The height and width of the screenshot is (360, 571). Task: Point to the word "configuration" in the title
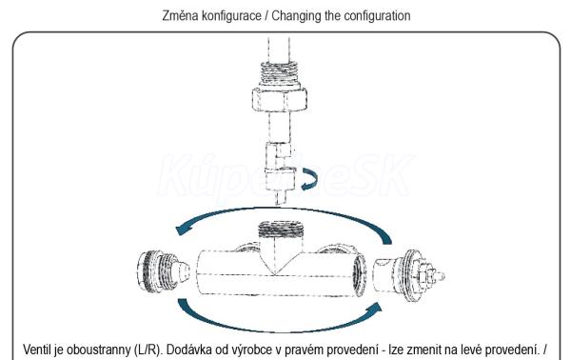click(x=377, y=16)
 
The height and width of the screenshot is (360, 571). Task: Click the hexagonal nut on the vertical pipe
click(x=279, y=99)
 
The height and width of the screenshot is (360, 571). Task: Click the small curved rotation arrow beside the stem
click(x=309, y=179)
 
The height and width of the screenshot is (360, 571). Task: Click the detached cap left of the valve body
click(x=163, y=270)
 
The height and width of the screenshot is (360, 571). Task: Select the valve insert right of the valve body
click(x=409, y=275)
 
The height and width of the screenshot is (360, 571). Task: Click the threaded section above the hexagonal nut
click(x=280, y=74)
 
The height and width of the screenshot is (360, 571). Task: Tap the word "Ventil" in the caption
click(x=38, y=350)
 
